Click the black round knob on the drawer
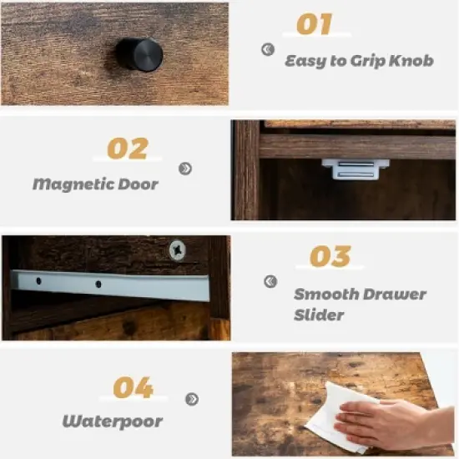click(x=137, y=54)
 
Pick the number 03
click(x=330, y=256)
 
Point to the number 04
click(x=133, y=387)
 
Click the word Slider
click(x=317, y=316)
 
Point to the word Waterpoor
click(x=112, y=421)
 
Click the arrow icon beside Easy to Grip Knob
click(x=267, y=49)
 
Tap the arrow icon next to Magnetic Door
click(x=185, y=169)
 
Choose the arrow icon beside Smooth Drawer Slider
click(x=270, y=282)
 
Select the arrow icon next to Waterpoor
click(x=192, y=399)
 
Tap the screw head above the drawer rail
click(x=177, y=249)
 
